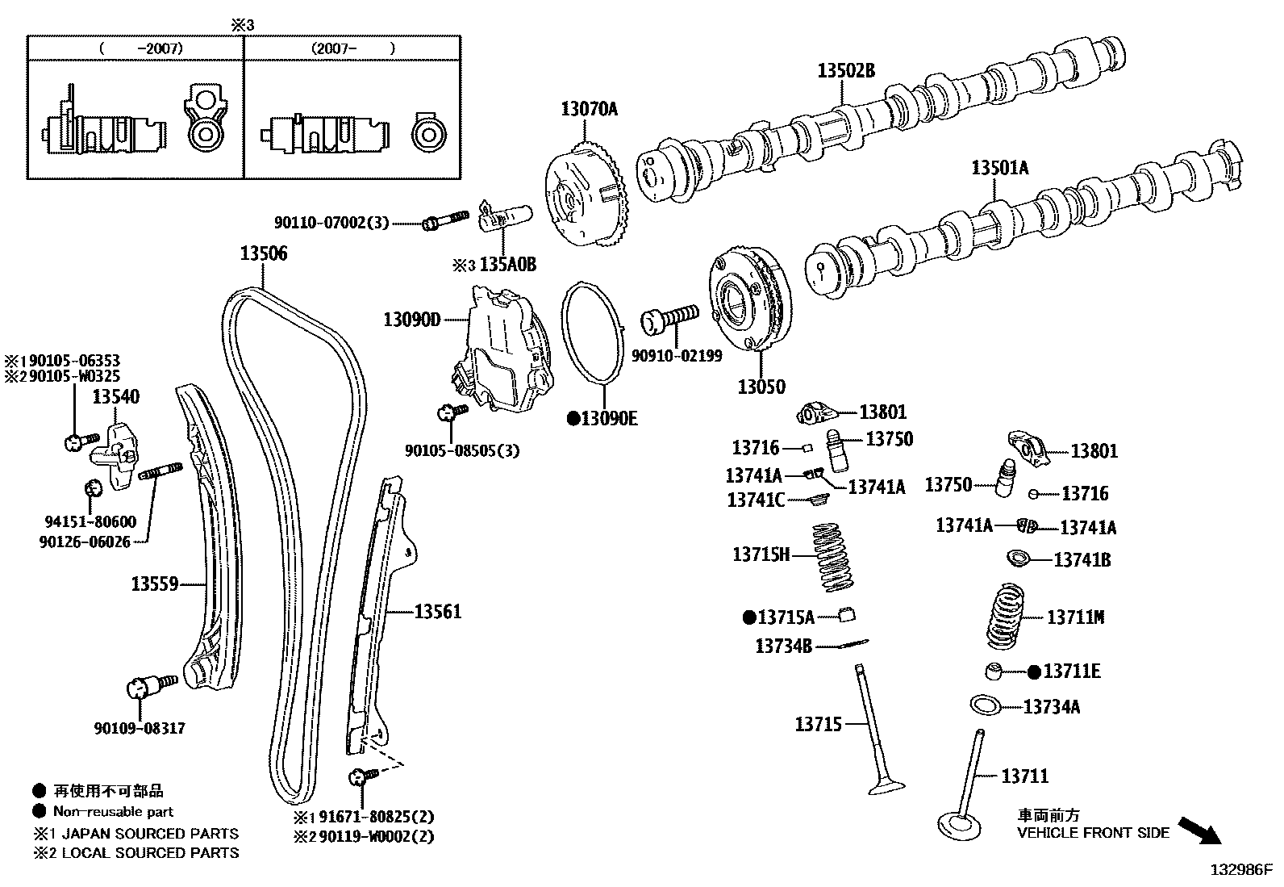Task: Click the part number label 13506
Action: [263, 253]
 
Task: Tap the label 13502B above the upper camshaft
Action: [845, 71]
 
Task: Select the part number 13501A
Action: [999, 168]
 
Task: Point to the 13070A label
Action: [589, 109]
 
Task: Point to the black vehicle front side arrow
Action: [1199, 830]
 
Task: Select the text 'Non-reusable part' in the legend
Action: [113, 811]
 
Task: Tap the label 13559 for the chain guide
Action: [154, 583]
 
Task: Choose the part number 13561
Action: [438, 612]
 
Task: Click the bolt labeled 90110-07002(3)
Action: [444, 220]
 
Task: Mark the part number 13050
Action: [761, 387]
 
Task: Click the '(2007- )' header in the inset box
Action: [352, 48]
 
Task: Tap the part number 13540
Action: [115, 396]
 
